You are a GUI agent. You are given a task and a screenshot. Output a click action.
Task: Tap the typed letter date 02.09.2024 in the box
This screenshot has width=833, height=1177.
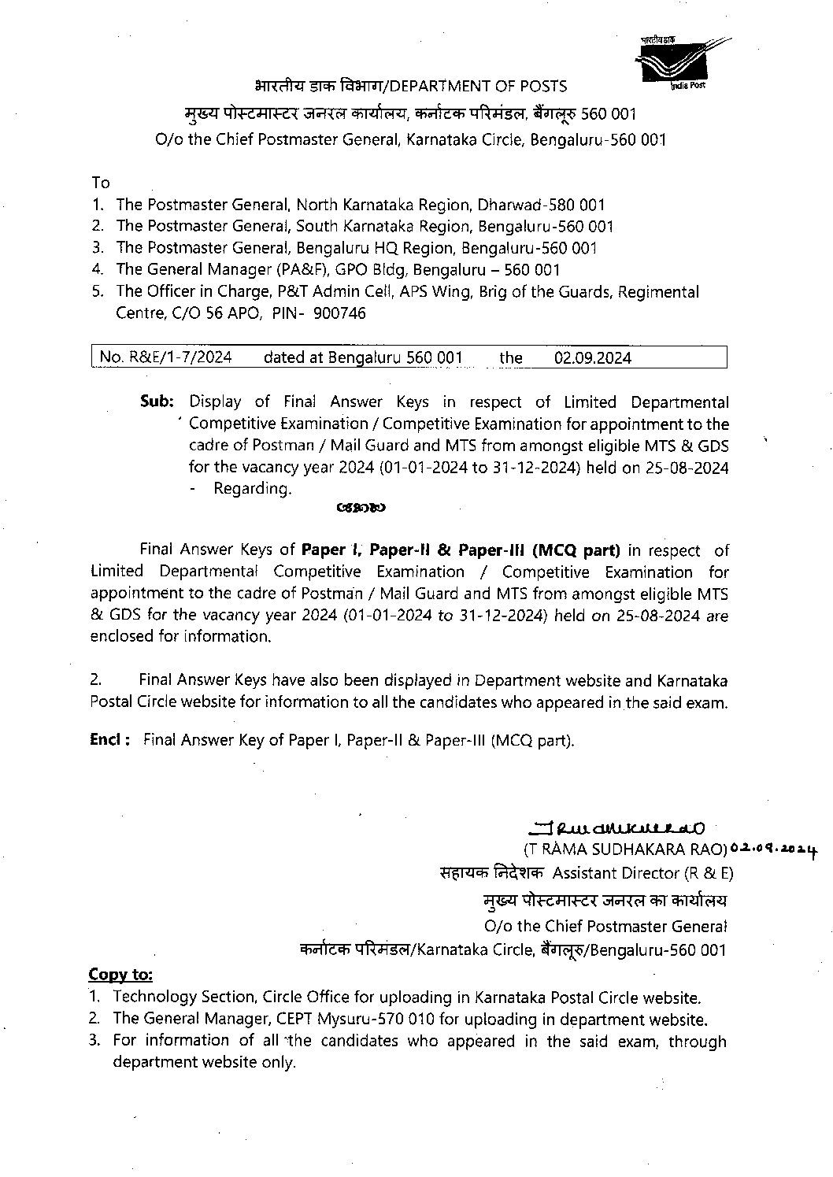[x=592, y=357]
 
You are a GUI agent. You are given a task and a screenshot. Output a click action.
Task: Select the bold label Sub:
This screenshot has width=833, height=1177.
[x=156, y=402]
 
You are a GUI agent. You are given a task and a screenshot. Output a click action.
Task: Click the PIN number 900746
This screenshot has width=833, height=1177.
[x=339, y=313]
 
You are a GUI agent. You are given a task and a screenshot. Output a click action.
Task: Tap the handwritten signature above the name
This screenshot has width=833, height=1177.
[x=613, y=827]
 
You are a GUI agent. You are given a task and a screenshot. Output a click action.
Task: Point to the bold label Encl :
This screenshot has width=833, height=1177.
[x=109, y=739]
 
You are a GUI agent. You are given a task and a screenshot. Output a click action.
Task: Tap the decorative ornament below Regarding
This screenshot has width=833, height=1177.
[x=360, y=509]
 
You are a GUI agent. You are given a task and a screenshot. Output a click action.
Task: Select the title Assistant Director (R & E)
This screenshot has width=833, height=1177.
[x=643, y=872]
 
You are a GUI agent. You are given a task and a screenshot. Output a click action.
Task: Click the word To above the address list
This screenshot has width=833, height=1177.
[x=100, y=183]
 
